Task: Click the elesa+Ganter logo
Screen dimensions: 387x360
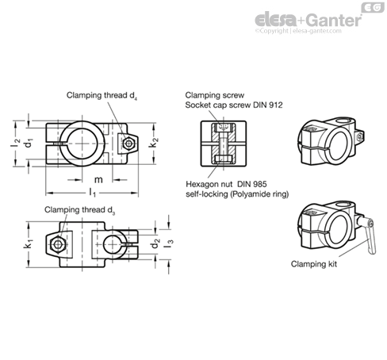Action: tap(308, 20)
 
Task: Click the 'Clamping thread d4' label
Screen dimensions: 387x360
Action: tap(102, 96)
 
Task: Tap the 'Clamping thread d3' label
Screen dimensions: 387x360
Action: tap(80, 210)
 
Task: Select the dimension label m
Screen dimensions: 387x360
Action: tap(98, 180)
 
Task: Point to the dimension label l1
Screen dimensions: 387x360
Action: tap(92, 192)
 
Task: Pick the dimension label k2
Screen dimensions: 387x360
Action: tap(154, 143)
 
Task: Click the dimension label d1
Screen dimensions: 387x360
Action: tap(29, 143)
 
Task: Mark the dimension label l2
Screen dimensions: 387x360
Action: tap(15, 143)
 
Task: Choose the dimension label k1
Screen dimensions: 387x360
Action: tap(28, 243)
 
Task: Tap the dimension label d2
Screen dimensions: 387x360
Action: tap(155, 243)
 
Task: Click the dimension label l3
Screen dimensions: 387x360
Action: tap(169, 243)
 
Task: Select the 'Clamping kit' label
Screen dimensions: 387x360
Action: tap(314, 264)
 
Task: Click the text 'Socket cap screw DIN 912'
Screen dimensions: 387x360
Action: tap(234, 105)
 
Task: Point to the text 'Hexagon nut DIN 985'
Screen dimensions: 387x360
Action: tap(226, 184)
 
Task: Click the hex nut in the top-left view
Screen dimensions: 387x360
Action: tap(128, 144)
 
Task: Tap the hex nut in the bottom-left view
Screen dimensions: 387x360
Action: tap(58, 244)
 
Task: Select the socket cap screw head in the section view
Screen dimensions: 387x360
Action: tap(223, 128)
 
